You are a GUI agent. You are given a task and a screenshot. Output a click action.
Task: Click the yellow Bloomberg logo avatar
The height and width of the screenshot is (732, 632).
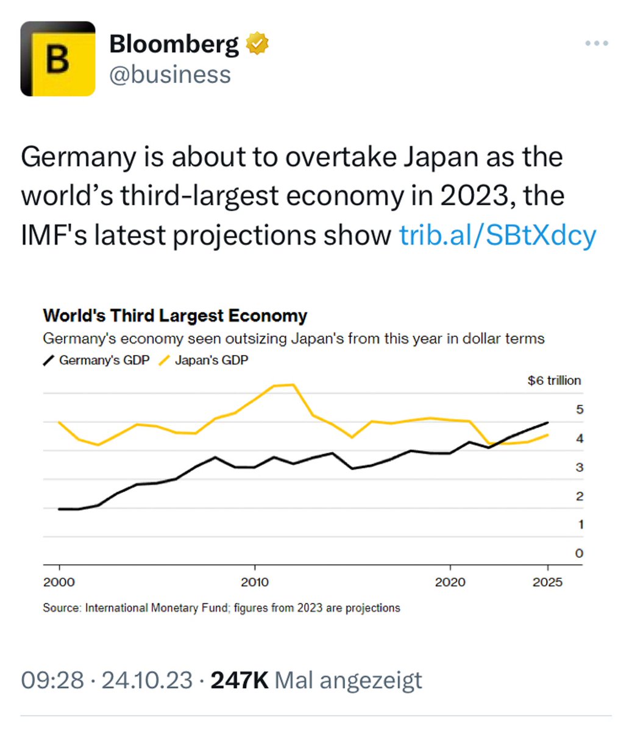point(58,59)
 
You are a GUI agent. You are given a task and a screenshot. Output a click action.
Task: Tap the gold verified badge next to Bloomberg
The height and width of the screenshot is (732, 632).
point(257,44)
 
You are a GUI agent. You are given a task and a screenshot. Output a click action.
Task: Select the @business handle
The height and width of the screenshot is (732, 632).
point(170,74)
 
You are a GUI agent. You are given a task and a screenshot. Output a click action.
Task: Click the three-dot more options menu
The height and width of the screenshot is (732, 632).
point(596,43)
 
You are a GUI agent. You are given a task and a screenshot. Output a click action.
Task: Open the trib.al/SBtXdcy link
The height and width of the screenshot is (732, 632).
point(497,235)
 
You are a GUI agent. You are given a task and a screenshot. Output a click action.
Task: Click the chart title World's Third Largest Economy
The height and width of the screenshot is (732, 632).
point(175,316)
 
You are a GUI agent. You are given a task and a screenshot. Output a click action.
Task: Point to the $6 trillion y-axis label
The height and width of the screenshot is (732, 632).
point(554,381)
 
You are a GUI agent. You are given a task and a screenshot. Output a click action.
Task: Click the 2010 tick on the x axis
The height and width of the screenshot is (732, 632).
point(254,582)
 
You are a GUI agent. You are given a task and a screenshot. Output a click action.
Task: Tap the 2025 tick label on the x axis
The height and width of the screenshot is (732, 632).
point(547,582)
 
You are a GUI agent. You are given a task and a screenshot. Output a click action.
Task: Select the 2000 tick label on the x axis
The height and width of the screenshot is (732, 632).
point(59,582)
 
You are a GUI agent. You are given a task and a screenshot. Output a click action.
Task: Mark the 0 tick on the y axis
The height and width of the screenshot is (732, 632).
point(579,553)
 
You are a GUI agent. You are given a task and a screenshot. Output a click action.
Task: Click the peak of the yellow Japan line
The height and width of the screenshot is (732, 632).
point(293,385)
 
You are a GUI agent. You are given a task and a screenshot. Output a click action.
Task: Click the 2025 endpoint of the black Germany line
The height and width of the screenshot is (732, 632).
point(548,422)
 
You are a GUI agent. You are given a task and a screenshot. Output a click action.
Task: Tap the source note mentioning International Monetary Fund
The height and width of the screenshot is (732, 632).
point(221,608)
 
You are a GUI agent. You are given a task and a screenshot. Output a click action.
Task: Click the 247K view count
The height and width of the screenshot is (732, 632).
point(240,680)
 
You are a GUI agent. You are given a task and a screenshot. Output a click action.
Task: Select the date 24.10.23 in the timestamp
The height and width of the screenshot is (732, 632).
point(146,680)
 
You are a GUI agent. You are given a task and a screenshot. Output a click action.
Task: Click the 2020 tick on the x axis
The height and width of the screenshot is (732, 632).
point(450,582)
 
